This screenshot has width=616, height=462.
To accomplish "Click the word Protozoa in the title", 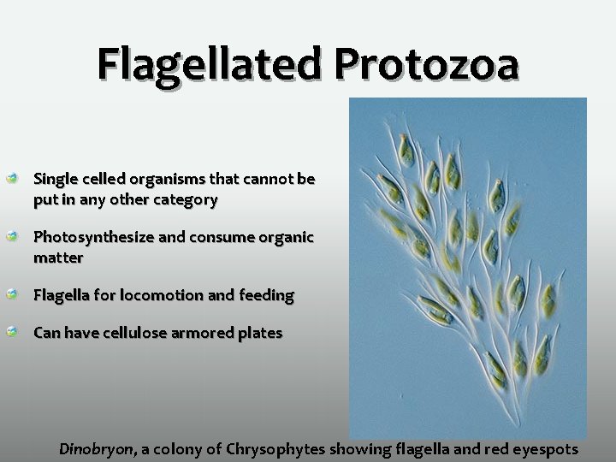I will pos(427,64).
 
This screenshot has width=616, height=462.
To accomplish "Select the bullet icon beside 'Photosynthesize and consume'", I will pos(12,237).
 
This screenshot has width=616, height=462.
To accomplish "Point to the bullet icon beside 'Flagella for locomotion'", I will pos(12,295).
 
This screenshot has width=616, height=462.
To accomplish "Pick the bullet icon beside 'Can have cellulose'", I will pos(12,333).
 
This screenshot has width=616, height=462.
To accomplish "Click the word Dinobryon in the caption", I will pos(97,448).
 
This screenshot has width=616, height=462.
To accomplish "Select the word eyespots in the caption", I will pos(544,448).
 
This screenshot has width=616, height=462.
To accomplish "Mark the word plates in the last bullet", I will pos(260,333).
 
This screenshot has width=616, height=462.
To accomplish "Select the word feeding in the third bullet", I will pos(265,295).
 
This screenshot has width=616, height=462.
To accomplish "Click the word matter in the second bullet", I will pos(58,258).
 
